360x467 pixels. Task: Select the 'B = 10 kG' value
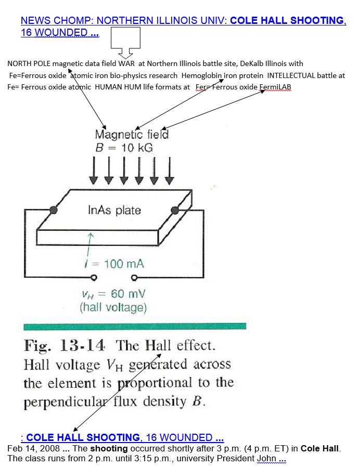click(124, 148)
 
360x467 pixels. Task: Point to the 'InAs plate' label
click(114, 210)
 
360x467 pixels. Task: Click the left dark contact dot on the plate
click(53, 210)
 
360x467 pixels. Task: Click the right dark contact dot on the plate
click(175, 210)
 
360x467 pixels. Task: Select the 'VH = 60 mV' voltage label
click(112, 294)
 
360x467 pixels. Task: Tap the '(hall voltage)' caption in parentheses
click(113, 307)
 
